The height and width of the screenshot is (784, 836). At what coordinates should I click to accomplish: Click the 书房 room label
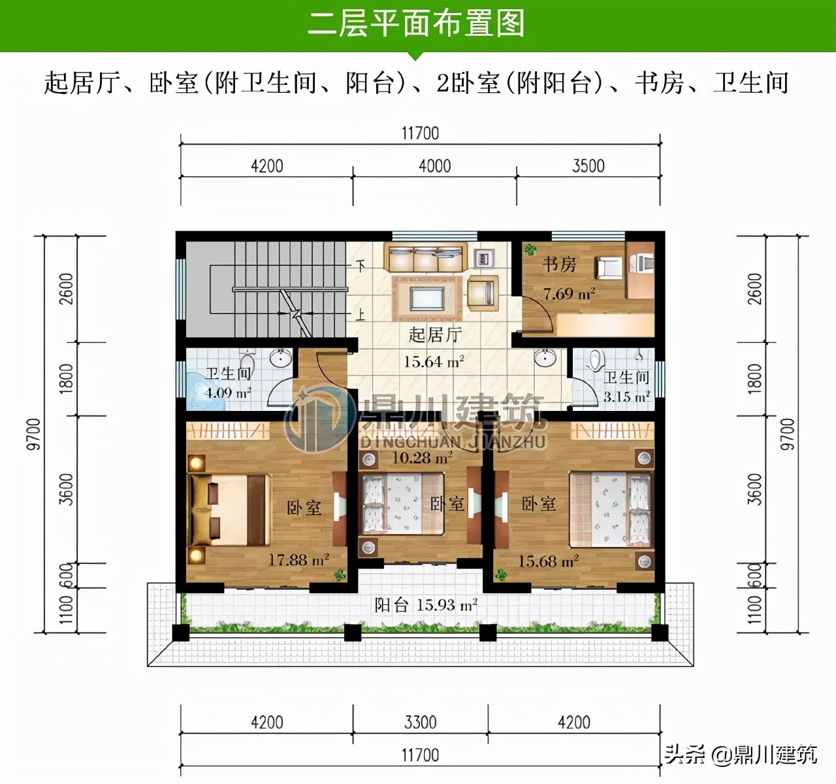click(x=560, y=265)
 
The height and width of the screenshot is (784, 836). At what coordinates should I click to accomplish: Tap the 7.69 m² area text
click(x=569, y=293)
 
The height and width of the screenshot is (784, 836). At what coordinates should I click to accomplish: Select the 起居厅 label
click(x=435, y=335)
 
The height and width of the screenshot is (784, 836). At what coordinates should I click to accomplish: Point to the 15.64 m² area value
click(x=434, y=361)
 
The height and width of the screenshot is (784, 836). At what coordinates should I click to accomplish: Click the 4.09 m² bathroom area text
click(x=228, y=393)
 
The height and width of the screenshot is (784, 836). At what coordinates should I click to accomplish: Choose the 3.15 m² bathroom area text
click(x=627, y=396)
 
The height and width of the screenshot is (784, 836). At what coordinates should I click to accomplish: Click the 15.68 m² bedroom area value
click(x=548, y=561)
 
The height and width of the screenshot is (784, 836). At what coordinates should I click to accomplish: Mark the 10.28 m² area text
click(x=422, y=457)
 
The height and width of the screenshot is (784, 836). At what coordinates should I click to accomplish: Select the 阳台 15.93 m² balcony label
click(x=426, y=605)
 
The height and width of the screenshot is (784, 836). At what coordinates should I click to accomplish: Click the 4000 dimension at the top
click(x=435, y=166)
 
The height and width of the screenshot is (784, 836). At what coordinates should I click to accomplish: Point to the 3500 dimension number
click(x=588, y=166)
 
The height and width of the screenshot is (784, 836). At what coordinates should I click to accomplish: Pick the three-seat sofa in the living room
click(x=425, y=258)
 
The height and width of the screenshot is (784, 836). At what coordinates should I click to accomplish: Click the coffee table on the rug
click(x=427, y=299)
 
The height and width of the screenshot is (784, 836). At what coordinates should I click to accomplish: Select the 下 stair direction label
click(x=360, y=267)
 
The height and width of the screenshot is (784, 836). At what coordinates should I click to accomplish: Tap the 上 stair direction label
click(x=360, y=315)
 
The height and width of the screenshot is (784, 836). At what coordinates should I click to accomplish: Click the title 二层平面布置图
click(x=416, y=24)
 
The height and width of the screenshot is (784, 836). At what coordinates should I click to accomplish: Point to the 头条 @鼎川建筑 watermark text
click(x=741, y=753)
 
